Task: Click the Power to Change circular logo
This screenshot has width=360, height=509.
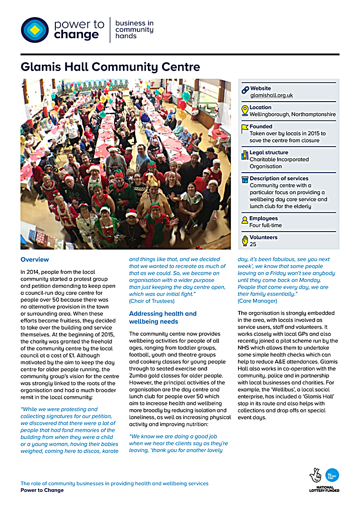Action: point(35,30)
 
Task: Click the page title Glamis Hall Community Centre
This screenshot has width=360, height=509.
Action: point(110,67)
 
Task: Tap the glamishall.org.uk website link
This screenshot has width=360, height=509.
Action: point(271,95)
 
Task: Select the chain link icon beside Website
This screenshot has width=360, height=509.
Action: point(245,90)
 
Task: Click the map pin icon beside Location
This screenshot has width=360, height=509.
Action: point(245,111)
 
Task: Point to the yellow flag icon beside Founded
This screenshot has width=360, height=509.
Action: point(245,129)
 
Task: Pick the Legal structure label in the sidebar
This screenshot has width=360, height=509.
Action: point(269,152)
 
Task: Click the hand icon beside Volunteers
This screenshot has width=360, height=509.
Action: point(245,240)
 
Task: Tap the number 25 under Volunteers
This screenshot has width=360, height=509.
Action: point(253,244)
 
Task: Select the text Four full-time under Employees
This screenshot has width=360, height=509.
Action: point(265,225)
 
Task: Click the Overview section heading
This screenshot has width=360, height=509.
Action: point(35,259)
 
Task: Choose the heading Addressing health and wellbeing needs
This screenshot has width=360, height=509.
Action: point(162,317)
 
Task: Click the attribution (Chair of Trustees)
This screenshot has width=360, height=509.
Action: point(152,301)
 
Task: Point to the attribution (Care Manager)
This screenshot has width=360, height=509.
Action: point(257,301)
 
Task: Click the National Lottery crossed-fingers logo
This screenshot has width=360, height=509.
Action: point(316,475)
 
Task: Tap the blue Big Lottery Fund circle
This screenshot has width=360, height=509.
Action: point(332,475)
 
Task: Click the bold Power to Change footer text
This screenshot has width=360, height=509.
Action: point(42,490)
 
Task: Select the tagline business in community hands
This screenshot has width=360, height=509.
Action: point(134,30)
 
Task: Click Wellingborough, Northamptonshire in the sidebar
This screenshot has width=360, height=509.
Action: point(292,114)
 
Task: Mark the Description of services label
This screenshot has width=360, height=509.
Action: point(279,179)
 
